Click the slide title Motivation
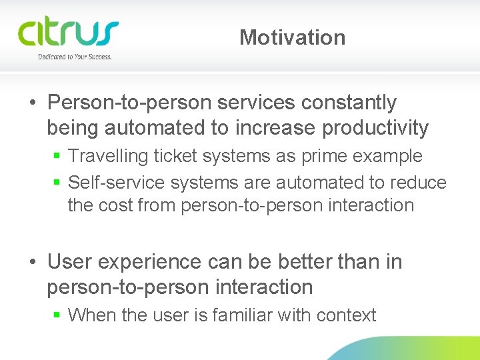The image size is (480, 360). (x=292, y=37)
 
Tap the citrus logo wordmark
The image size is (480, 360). (x=67, y=33)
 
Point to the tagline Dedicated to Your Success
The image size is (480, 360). (x=75, y=57)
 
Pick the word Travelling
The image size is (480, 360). (x=109, y=157)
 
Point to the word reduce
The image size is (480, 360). (x=421, y=182)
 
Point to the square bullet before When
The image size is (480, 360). (x=58, y=315)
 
